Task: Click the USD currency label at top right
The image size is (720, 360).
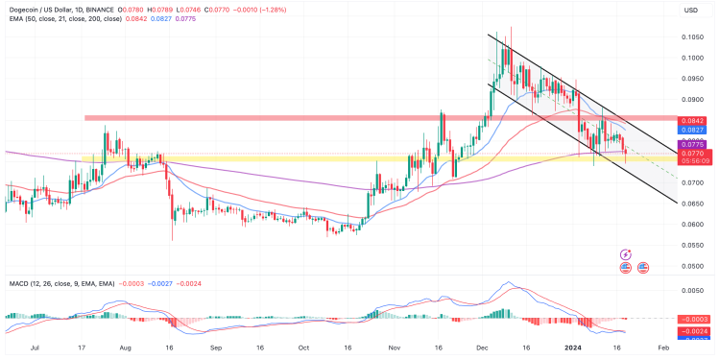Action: click(689, 10)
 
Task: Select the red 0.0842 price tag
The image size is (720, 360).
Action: click(692, 119)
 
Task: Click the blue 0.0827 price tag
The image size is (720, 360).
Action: click(692, 129)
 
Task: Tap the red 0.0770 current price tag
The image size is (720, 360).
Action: click(692, 153)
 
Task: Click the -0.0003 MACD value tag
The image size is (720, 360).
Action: click(692, 319)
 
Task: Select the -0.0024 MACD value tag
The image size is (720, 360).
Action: click(692, 329)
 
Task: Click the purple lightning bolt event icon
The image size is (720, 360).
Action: click(626, 254)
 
